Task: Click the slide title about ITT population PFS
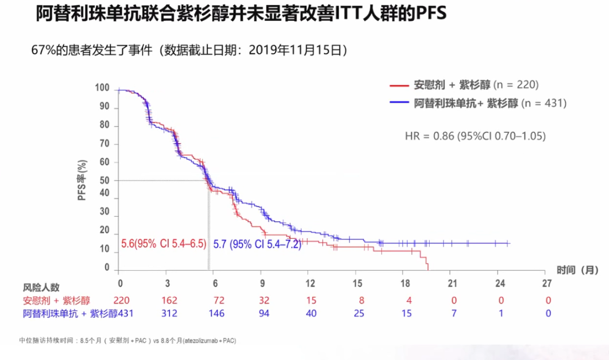(x=241, y=14)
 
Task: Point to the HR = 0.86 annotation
(x=475, y=136)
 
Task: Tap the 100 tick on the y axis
(x=102, y=89)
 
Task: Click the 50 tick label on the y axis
(x=105, y=181)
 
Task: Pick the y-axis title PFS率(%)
(x=82, y=181)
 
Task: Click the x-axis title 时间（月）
(x=577, y=270)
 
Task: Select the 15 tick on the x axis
(x=357, y=283)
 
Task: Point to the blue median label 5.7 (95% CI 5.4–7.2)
(x=257, y=244)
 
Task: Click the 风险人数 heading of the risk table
(x=41, y=288)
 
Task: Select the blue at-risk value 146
(x=215, y=313)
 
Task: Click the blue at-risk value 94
(x=263, y=313)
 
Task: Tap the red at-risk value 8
(x=358, y=300)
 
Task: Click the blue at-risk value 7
(x=453, y=313)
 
